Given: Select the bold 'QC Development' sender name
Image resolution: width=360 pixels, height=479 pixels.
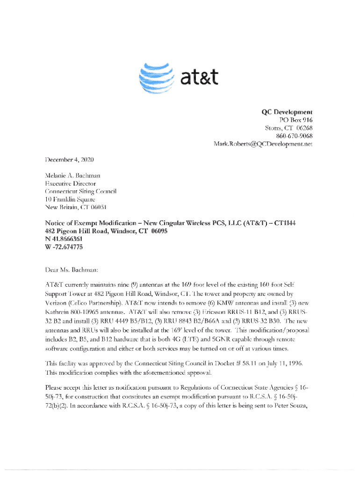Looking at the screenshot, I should [286, 112].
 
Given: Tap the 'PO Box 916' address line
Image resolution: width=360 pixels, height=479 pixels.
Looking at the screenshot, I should [296, 120].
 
